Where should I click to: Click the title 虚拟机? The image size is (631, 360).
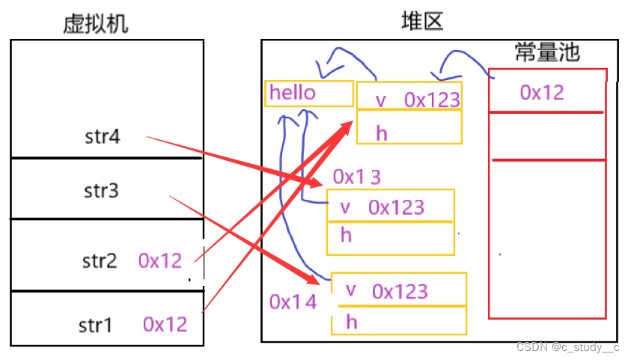96,25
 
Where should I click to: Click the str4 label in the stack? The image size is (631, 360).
103,137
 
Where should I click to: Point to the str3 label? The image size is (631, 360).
102,192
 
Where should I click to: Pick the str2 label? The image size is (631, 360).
100,261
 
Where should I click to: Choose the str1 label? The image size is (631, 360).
96,326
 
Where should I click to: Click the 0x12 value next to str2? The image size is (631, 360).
160,260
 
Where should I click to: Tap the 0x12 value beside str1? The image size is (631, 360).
165,324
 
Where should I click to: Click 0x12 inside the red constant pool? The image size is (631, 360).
542,92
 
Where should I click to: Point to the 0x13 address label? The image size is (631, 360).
357,177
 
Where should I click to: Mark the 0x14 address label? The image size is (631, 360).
293,302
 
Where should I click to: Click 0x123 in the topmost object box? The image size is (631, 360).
432,100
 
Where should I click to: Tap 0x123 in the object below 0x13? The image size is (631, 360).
396,207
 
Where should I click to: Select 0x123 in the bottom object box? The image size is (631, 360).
400,291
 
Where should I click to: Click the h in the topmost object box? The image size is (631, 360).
382,133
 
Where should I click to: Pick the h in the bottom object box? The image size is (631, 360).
352,322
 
